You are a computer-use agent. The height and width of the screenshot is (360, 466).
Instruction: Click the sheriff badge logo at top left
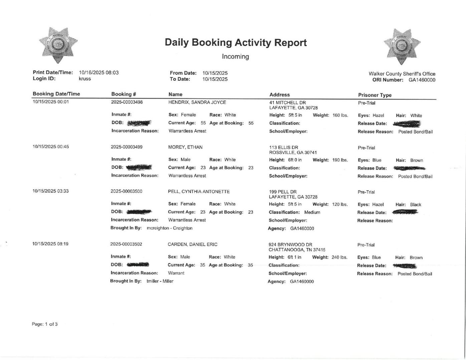58,45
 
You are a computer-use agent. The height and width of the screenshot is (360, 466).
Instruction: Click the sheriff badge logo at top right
402,46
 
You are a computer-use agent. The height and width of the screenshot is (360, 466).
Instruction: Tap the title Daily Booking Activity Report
235,42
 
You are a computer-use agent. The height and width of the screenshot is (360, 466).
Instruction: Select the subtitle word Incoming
235,57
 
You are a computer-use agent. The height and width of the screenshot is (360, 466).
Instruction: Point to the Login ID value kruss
85,79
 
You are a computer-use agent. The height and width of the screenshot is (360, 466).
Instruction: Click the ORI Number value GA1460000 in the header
422,80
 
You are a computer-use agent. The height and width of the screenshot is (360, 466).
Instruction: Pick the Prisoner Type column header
375,95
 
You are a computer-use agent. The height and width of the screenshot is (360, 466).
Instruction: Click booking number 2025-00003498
127,102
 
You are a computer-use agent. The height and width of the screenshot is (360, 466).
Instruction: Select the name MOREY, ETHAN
185,147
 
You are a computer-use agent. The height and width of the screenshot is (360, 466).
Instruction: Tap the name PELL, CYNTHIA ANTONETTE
199,192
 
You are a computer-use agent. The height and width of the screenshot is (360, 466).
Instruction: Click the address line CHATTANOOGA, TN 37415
297,250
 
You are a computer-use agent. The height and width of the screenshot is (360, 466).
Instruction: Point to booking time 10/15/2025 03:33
50,191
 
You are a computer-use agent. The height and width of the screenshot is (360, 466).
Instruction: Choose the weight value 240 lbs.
339,257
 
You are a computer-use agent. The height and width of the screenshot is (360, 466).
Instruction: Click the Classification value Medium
312,212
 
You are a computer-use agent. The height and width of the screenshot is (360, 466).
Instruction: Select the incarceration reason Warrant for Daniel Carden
176,273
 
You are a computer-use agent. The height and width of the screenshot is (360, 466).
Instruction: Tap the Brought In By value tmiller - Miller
160,281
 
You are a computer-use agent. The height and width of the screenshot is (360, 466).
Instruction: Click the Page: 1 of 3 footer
45,324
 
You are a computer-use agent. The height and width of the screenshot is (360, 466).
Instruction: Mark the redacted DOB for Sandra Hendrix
139,123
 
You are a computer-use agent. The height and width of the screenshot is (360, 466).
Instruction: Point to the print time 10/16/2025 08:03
99,72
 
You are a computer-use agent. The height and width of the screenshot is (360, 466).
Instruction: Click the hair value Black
416,205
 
